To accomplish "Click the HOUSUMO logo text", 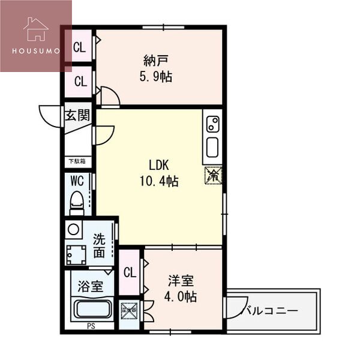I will (36, 50).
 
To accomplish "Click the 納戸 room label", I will (154, 61).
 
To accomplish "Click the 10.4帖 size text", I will (159, 181).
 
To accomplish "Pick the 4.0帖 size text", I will (182, 296).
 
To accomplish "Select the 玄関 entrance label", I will (78, 115).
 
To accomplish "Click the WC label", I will (76, 180).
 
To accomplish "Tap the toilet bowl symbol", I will (76, 203).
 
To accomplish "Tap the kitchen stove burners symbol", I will (212, 124).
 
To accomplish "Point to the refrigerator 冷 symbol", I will (213, 175).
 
